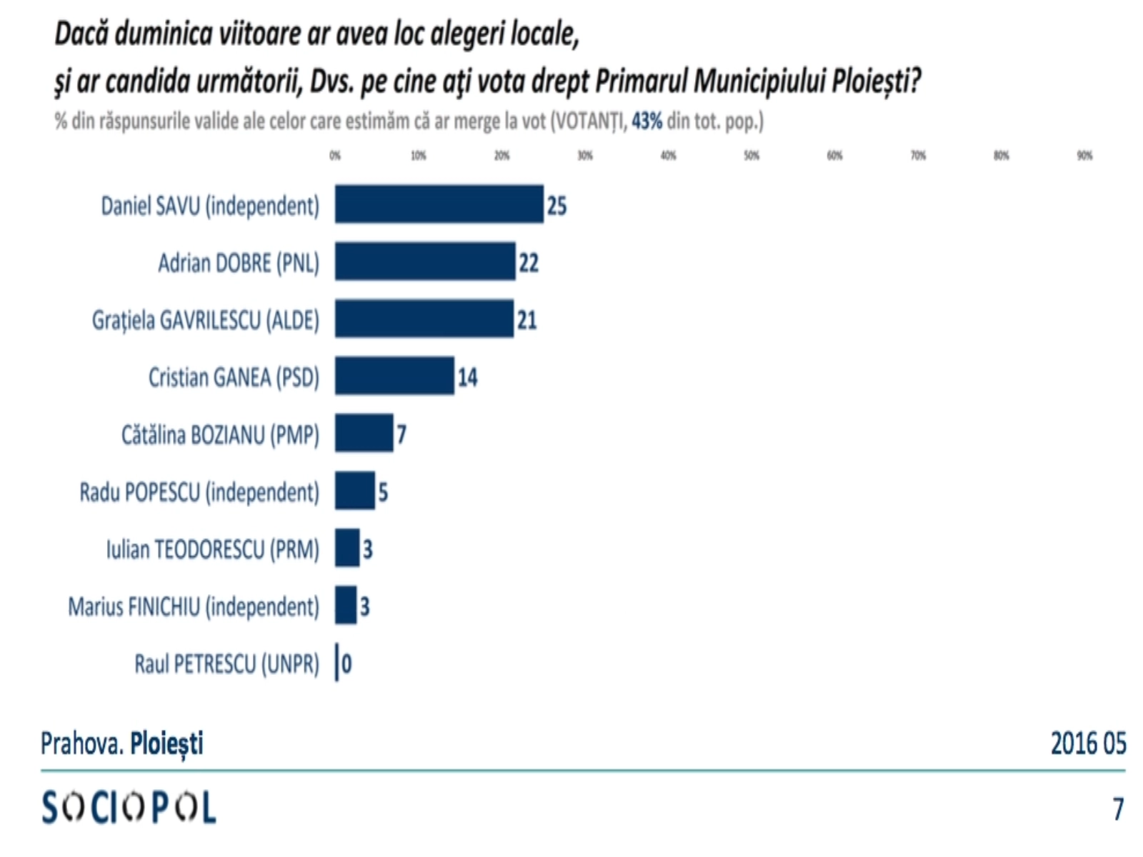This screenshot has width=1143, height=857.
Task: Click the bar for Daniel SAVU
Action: [x=439, y=204]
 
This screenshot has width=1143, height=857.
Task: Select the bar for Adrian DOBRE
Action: [x=425, y=261]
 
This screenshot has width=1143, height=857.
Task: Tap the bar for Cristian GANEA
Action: [x=394, y=376]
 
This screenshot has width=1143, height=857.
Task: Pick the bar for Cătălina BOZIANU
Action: [x=364, y=433]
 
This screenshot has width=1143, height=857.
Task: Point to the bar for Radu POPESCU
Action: [x=355, y=491]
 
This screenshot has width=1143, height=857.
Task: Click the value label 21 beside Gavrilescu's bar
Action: [x=527, y=319]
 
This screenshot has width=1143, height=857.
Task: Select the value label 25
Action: [x=556, y=206]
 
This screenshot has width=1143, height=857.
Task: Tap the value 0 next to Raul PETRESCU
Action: [x=346, y=664]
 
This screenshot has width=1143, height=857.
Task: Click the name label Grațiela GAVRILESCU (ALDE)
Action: [x=206, y=320]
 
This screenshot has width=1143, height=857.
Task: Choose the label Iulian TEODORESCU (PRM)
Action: [x=213, y=549]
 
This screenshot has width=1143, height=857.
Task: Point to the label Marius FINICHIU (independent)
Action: [x=194, y=606]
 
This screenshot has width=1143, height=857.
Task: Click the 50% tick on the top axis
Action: [x=752, y=156]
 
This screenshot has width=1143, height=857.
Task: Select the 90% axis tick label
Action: [x=1084, y=156]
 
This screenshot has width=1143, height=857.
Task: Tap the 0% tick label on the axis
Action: [x=335, y=156]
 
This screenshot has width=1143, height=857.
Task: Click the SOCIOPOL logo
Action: [x=129, y=808]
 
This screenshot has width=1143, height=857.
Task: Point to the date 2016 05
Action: [x=1088, y=743]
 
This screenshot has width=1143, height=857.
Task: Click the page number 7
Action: [x=1118, y=809]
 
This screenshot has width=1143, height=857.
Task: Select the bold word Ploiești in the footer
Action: [x=166, y=744]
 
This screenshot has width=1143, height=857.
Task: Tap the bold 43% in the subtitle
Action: [x=647, y=121]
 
